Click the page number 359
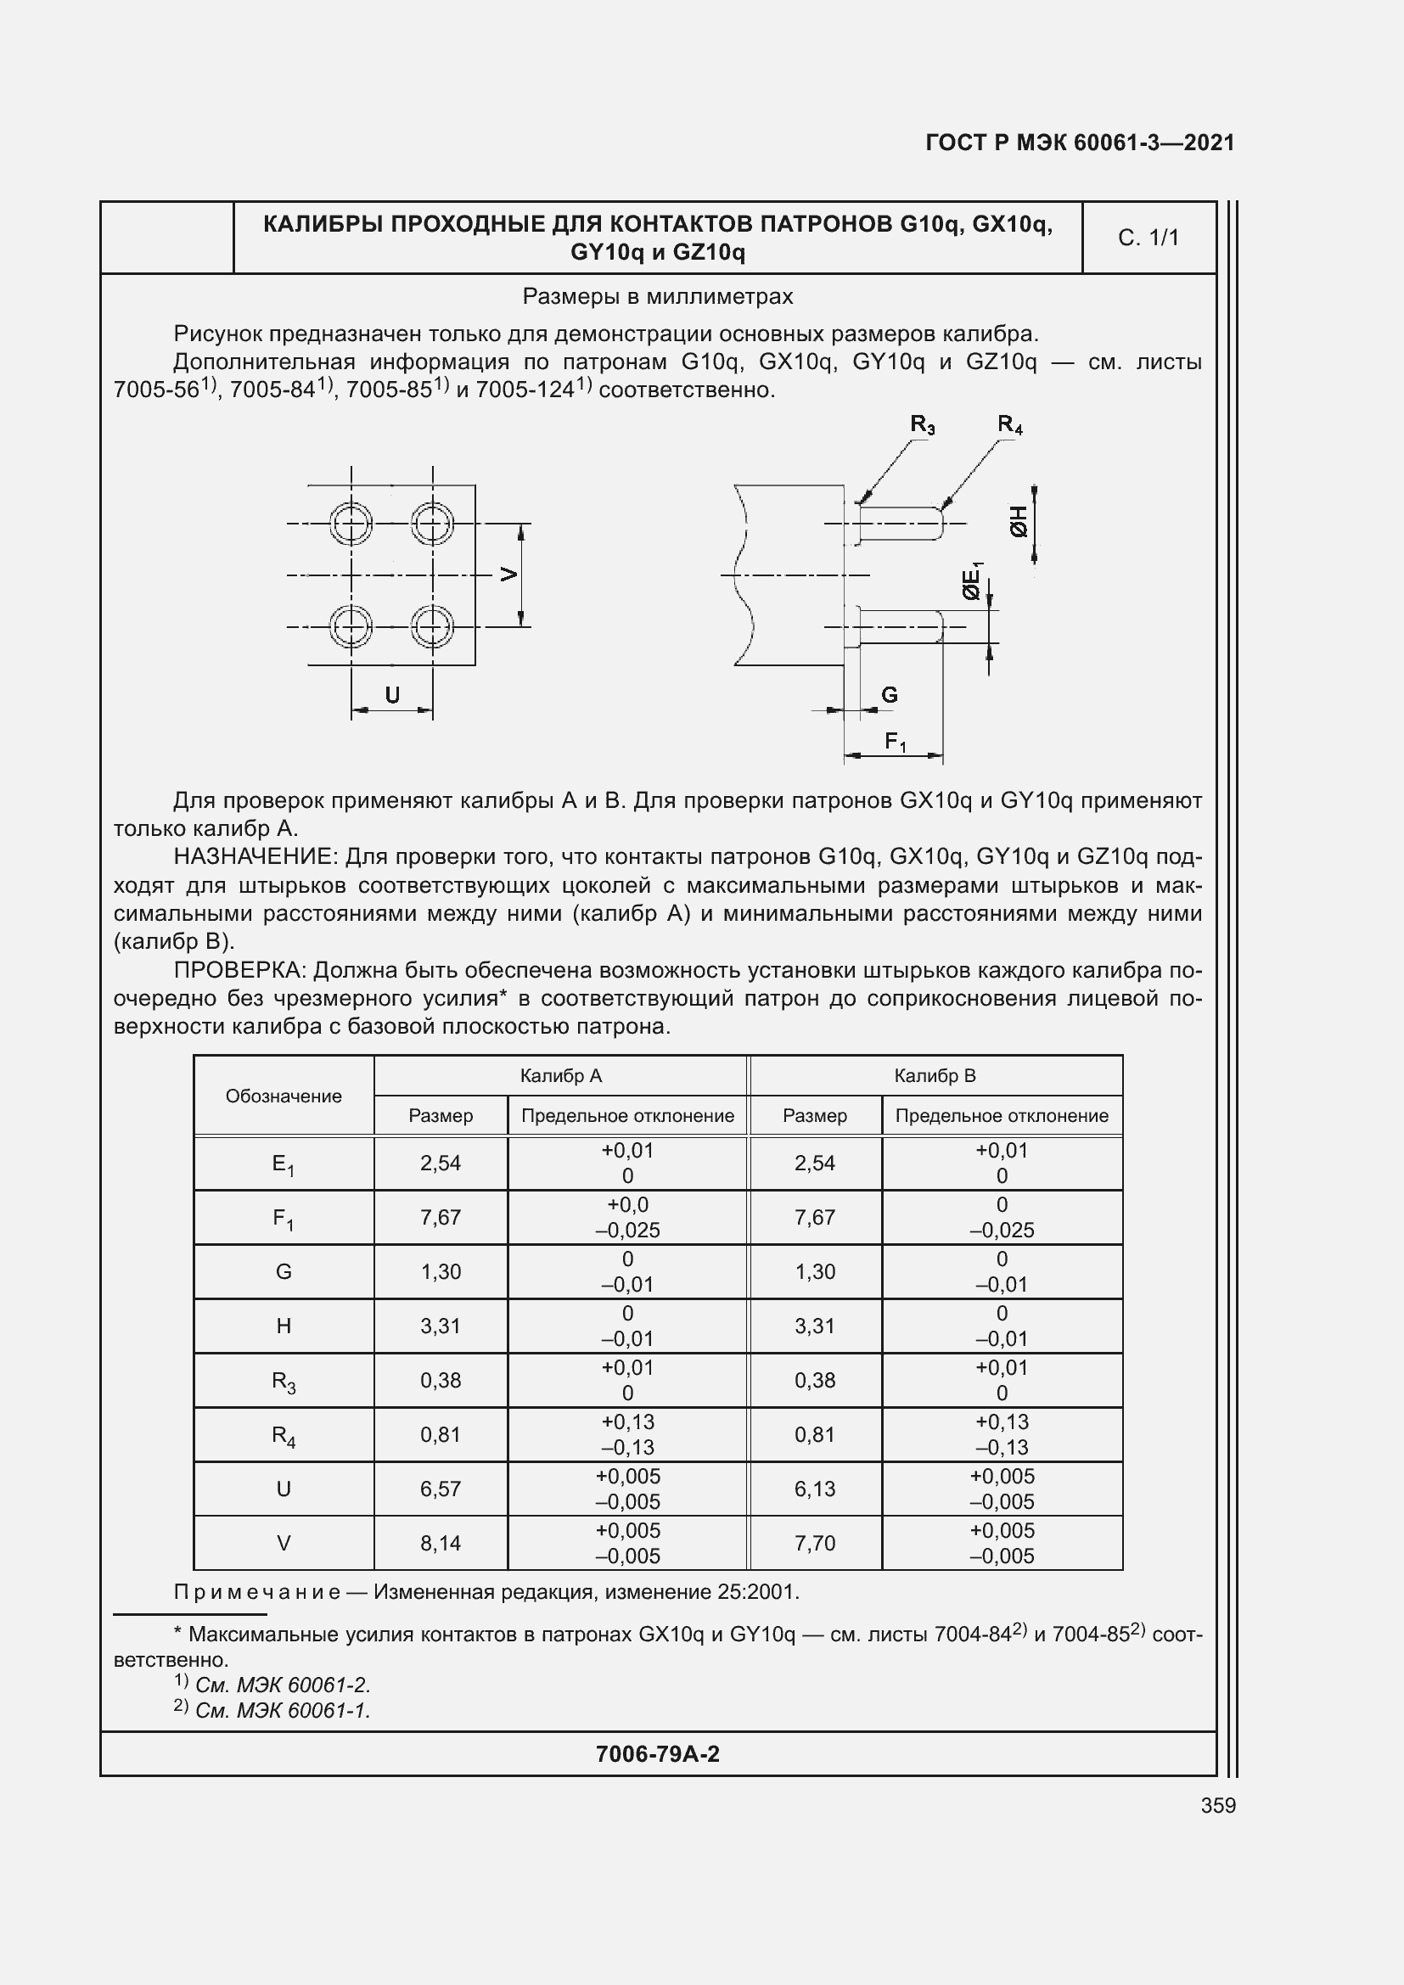(1217, 1805)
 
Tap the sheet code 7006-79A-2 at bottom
(657, 1753)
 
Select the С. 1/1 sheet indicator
(1148, 238)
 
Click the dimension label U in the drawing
(391, 695)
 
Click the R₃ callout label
(923, 424)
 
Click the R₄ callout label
(1010, 424)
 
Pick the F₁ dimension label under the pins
(896, 742)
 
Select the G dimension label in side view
(889, 695)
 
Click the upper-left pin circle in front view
(351, 523)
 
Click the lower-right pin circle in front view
(432, 626)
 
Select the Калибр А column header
(560, 1075)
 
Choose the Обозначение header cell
(284, 1096)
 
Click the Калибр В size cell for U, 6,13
(814, 1489)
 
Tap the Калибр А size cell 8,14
(440, 1543)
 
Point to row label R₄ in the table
(284, 1435)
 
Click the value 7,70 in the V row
(814, 1543)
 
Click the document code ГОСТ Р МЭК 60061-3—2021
(1080, 143)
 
